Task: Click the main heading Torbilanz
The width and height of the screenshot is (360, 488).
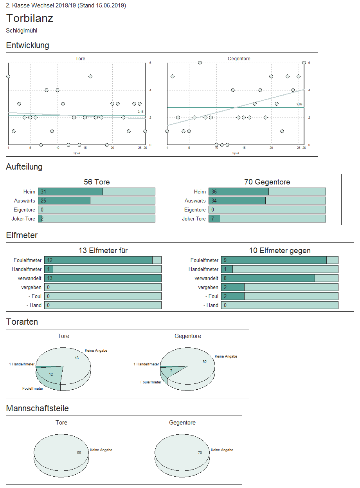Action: (30, 18)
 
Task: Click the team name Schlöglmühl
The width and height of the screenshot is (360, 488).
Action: (22, 31)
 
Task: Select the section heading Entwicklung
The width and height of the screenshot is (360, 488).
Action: (27, 45)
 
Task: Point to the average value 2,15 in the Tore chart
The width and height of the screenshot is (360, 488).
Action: (141, 112)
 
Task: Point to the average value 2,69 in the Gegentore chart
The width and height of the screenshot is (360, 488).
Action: (299, 105)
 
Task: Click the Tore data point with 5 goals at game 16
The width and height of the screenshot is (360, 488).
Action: (90, 76)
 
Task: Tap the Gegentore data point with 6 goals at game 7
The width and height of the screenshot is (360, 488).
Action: (200, 63)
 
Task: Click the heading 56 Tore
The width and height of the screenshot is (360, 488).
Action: (97, 182)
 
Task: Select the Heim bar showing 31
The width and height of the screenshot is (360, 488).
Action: (70, 192)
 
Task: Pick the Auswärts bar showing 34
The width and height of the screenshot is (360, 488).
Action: (237, 201)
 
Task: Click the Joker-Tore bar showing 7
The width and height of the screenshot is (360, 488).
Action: (214, 219)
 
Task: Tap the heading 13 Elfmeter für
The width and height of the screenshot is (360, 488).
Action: (103, 251)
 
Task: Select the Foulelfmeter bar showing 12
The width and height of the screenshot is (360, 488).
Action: (98, 260)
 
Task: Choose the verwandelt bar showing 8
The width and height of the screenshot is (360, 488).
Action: (268, 278)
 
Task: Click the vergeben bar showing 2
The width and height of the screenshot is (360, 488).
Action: (233, 287)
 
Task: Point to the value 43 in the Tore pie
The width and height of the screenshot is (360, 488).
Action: (77, 358)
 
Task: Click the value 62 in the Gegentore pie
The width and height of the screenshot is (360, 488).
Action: (205, 361)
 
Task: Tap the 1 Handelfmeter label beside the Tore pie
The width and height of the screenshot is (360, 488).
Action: (22, 364)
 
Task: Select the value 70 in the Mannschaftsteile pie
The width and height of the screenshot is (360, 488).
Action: (200, 453)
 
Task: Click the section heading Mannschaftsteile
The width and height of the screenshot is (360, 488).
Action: (38, 408)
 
